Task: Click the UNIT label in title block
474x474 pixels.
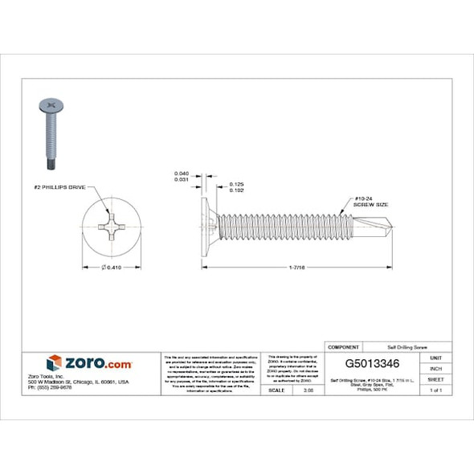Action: tap(435, 357)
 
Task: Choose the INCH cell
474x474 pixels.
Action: tap(435, 368)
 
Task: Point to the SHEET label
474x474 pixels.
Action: tap(435, 378)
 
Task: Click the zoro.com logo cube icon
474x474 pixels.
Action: tap(54, 362)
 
